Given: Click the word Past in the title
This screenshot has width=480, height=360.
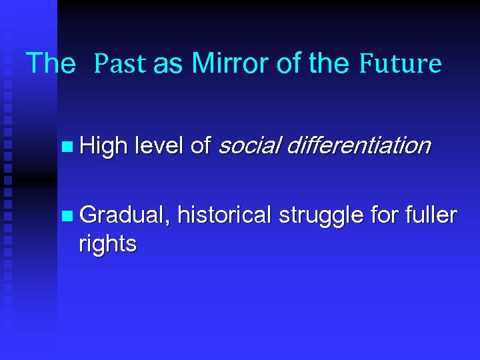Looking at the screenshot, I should click(121, 64).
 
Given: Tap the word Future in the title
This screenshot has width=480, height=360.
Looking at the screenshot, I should click(400, 64).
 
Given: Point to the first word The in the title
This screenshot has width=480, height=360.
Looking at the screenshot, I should click(51, 63).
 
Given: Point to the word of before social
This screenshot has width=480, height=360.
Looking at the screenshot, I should click(201, 145).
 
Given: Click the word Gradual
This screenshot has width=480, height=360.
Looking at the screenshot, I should click(123, 215).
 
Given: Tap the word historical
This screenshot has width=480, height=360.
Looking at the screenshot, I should click(225, 215).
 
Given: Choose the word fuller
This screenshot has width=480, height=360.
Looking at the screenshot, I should click(433, 215).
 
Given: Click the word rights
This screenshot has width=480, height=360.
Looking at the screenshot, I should click(107, 244).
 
